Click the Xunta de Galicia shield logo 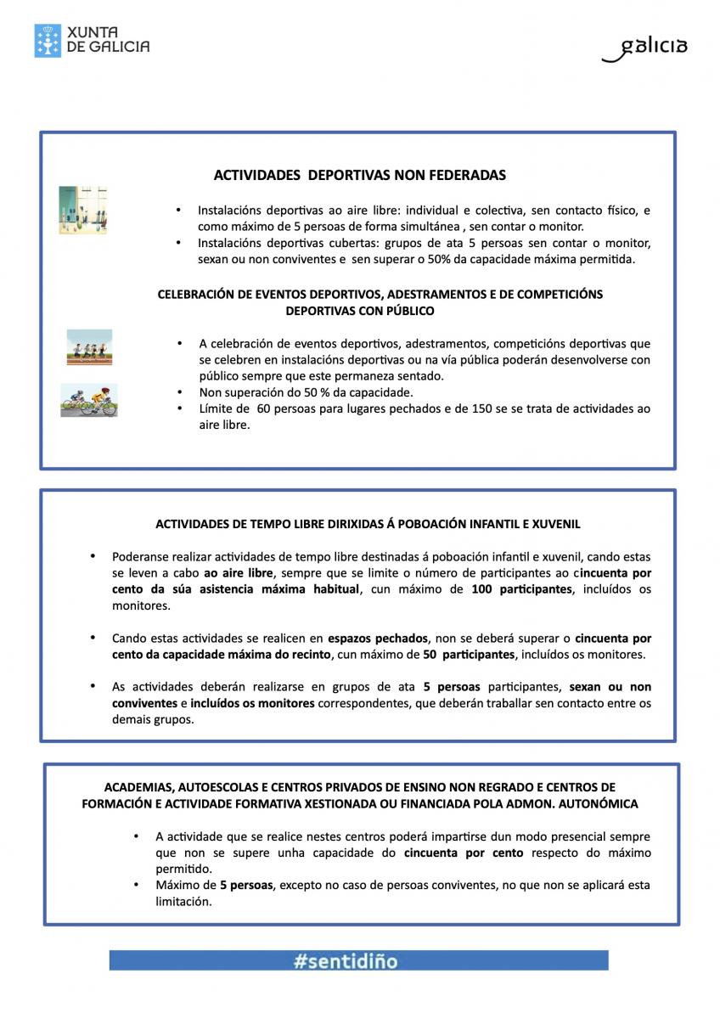[48, 41]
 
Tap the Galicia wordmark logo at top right [645, 48]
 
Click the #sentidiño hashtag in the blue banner [346, 961]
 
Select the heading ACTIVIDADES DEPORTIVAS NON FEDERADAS [359, 176]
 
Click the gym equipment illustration [83, 211]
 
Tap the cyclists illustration [88, 400]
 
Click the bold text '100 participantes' [521, 589]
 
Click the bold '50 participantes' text [469, 654]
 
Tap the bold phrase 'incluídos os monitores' [252, 703]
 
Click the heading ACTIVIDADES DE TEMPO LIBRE [368, 524]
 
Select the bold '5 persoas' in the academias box [246, 885]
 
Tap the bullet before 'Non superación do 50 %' [179, 392]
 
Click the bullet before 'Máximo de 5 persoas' [136, 885]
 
